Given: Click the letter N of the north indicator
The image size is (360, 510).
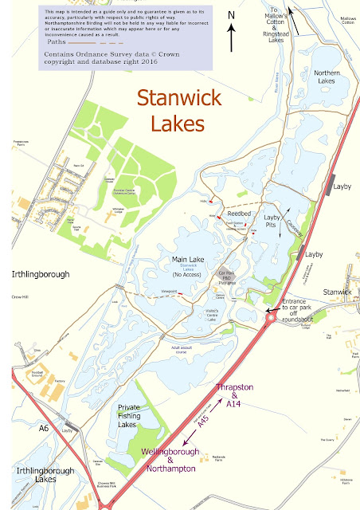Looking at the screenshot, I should click(230, 15).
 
